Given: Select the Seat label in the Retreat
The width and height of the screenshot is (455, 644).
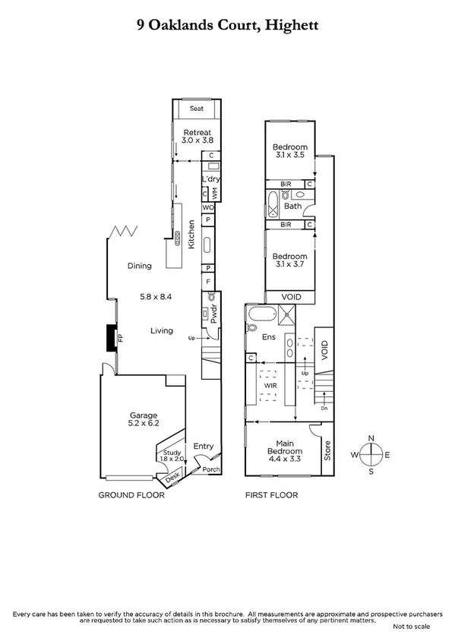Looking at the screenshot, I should (x=197, y=109).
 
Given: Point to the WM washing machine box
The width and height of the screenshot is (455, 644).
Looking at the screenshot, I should (x=215, y=194).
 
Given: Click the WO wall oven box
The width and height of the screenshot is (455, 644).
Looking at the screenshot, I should (x=207, y=207).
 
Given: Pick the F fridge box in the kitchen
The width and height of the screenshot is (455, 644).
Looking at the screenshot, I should (x=207, y=281).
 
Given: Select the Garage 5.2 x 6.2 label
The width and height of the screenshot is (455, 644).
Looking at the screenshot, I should (x=142, y=419).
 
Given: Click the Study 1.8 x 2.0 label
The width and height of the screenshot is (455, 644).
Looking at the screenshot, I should (x=172, y=456).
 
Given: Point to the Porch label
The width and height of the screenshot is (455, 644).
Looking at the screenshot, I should (x=210, y=469).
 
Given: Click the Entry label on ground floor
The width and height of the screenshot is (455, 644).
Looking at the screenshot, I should (x=204, y=447).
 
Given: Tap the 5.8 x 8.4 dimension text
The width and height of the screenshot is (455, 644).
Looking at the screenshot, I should (x=156, y=297).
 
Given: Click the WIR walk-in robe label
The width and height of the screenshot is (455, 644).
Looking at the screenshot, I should (x=270, y=386).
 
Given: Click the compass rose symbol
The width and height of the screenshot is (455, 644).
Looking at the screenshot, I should (x=371, y=454).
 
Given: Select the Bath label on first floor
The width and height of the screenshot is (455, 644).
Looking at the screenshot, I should (x=292, y=206).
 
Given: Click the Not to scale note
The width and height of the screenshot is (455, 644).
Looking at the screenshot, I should (x=411, y=627).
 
